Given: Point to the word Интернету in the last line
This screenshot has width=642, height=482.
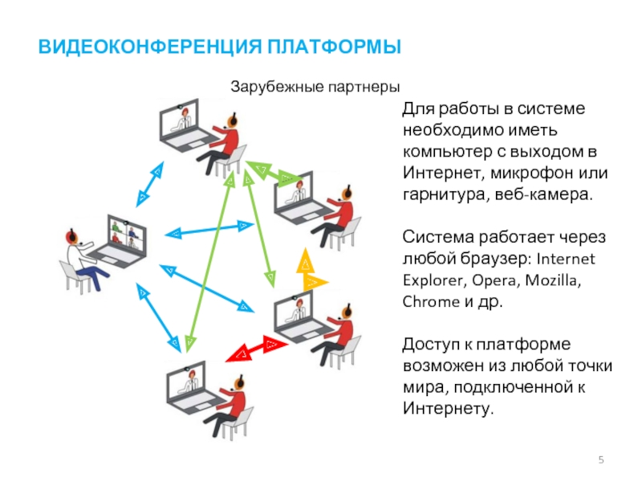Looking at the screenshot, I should pyautogui.click(x=445, y=410).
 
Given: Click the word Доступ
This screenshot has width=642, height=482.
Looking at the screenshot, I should pyautogui.click(x=429, y=345).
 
